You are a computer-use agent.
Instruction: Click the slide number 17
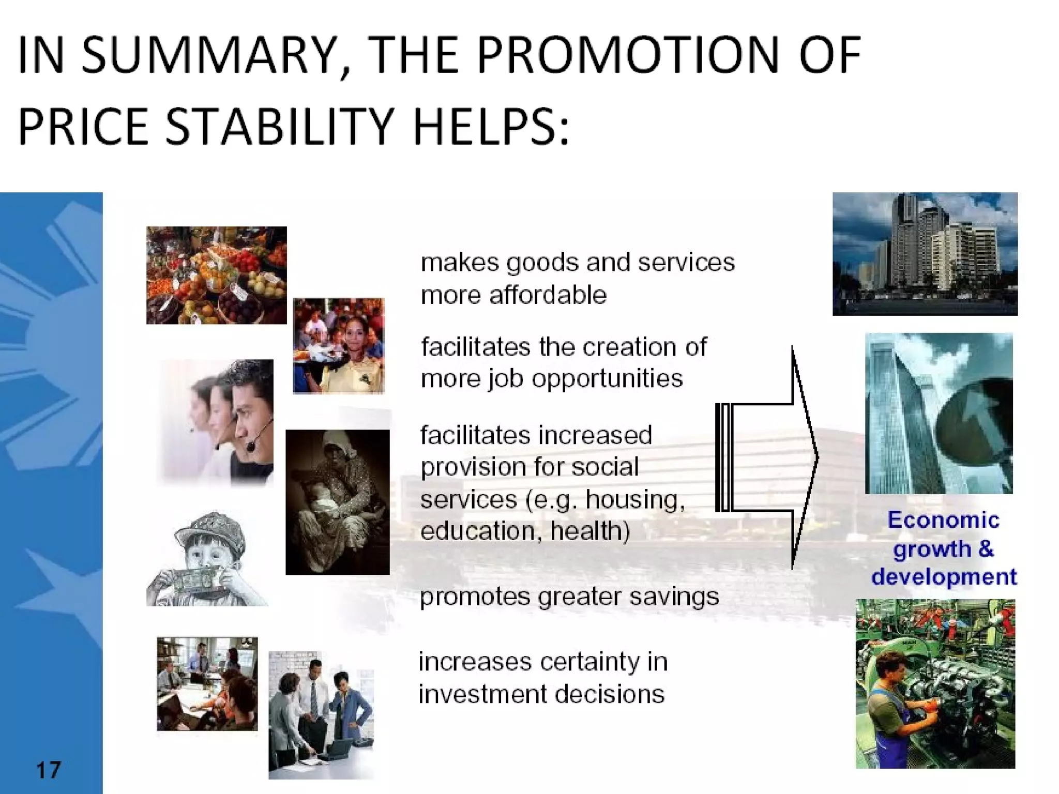pyautogui.click(x=49, y=770)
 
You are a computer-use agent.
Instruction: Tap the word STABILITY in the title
pyautogui.click(x=280, y=126)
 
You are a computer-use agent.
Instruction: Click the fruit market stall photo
pyautogui.click(x=216, y=275)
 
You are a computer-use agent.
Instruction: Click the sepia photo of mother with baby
pyautogui.click(x=337, y=502)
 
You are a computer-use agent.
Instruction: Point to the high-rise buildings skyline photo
pyautogui.click(x=925, y=254)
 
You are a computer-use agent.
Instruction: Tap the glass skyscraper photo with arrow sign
pyautogui.click(x=939, y=413)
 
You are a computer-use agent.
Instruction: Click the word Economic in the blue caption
pyautogui.click(x=943, y=520)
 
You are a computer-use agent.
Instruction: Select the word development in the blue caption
pyautogui.click(x=944, y=577)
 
